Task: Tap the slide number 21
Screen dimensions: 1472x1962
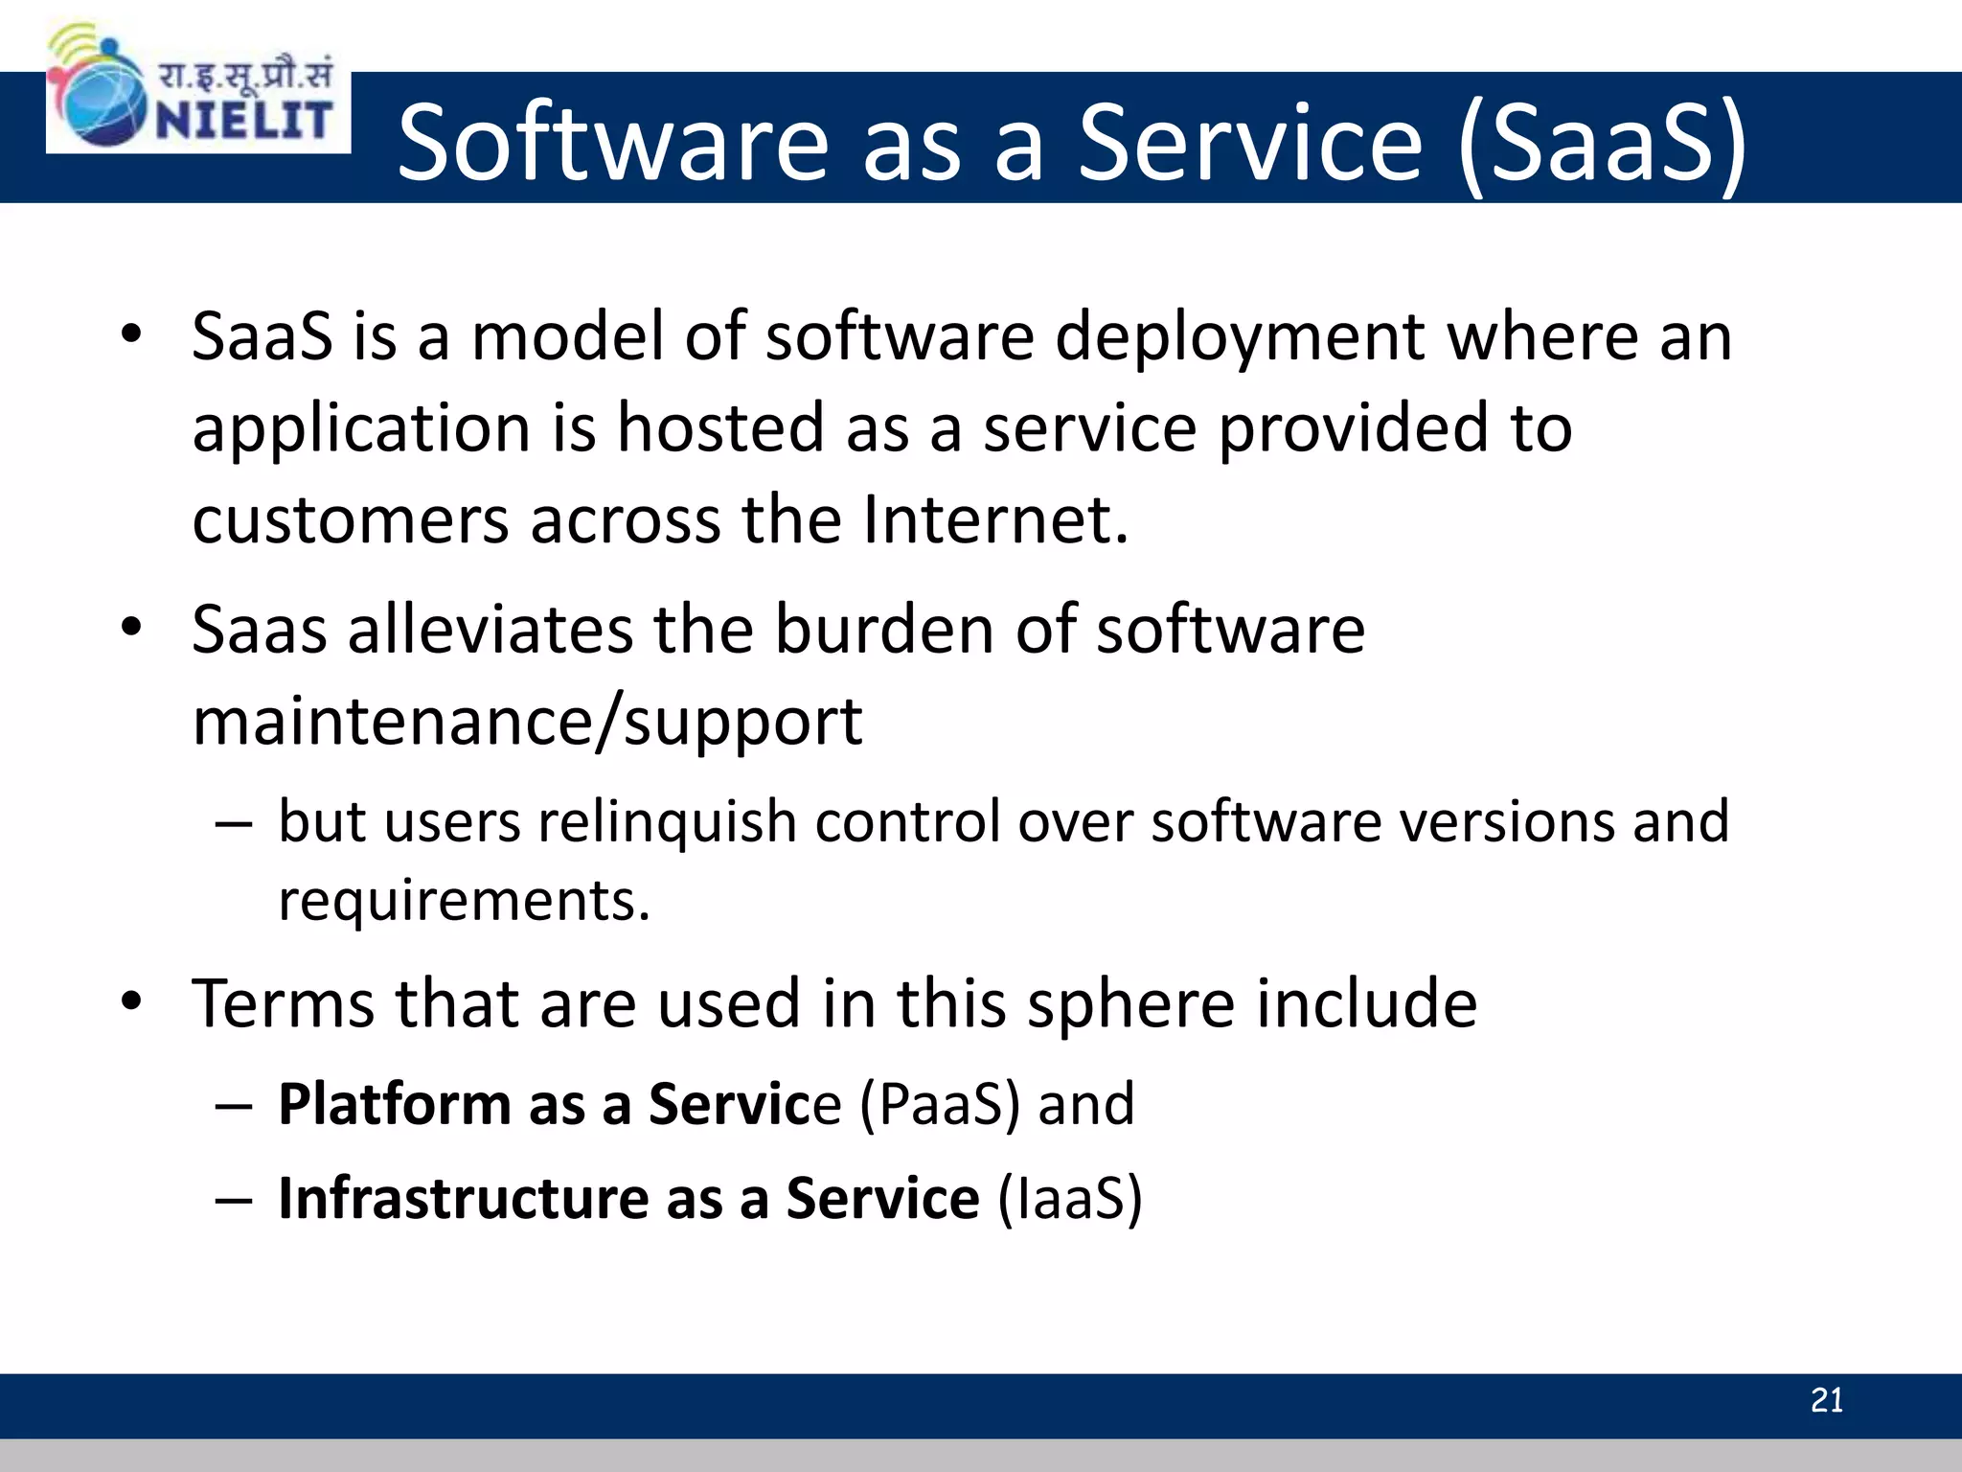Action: coord(1826,1401)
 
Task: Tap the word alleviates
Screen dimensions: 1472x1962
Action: coord(489,631)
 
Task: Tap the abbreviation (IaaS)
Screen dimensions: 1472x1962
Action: coord(1070,1199)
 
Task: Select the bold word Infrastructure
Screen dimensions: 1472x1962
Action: coord(464,1199)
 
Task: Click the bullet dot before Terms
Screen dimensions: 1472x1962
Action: coord(131,1001)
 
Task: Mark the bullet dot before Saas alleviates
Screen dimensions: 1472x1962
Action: coord(131,627)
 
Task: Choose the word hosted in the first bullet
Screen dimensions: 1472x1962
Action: coord(719,428)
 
